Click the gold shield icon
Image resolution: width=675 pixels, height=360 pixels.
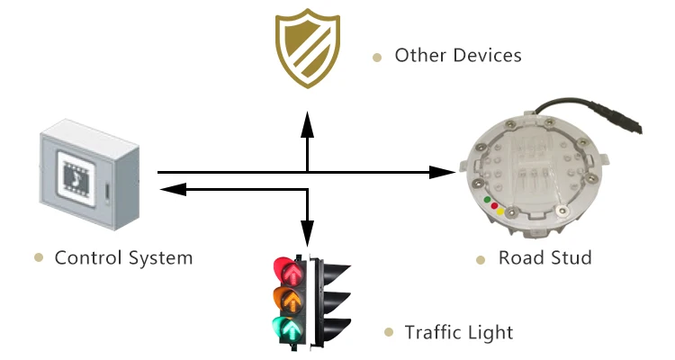(x=307, y=50)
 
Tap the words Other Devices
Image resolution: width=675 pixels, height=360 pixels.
(x=458, y=56)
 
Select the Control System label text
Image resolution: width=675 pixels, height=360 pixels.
(x=123, y=258)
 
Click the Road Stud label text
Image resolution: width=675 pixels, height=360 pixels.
(x=545, y=258)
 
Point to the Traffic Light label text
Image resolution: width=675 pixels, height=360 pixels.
(x=459, y=333)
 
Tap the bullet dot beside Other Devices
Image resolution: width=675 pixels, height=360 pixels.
(x=377, y=57)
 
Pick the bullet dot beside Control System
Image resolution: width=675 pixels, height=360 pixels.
(x=39, y=258)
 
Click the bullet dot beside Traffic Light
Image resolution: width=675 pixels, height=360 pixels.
(x=388, y=333)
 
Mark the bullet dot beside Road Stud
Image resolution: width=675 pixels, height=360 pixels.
(x=481, y=259)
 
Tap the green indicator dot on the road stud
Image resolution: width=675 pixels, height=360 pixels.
(x=487, y=200)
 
